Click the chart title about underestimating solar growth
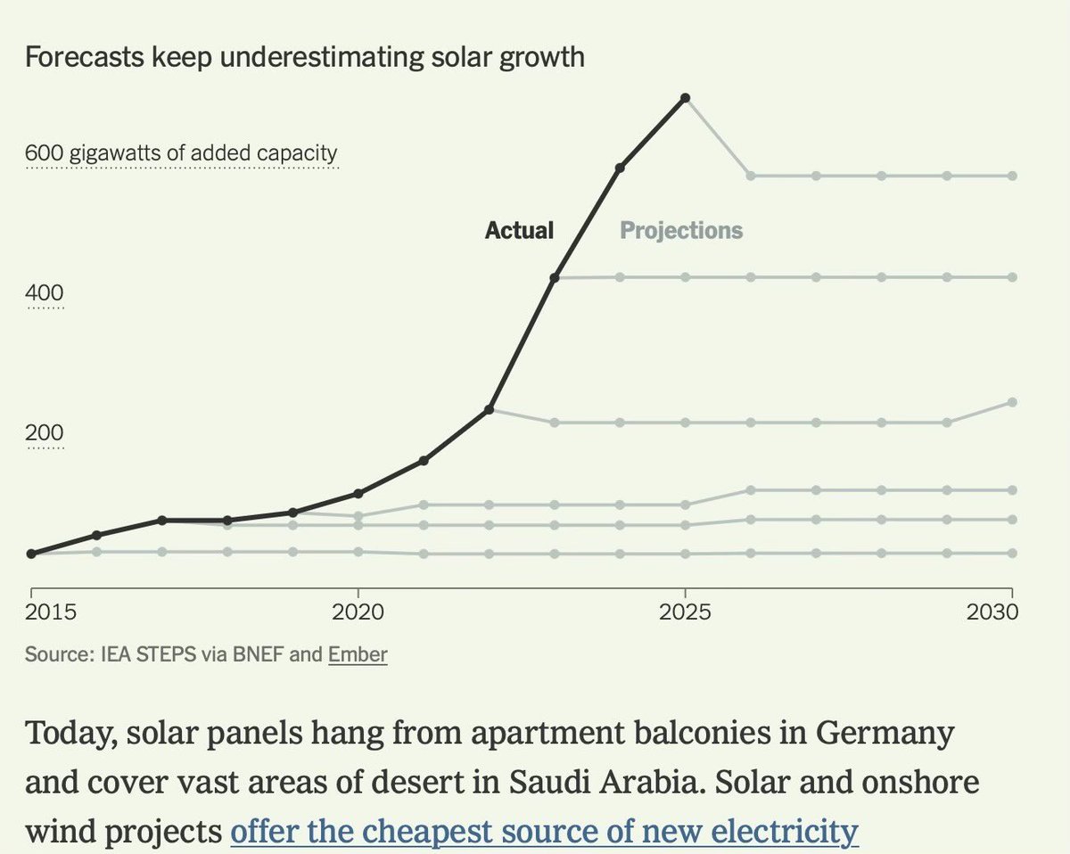click(304, 58)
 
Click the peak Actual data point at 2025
click(685, 97)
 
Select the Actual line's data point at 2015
click(31, 554)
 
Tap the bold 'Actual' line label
click(519, 231)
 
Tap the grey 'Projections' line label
click(681, 231)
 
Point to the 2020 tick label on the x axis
click(358, 613)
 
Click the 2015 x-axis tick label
click(50, 613)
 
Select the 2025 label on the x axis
click(685, 613)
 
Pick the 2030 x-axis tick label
click(993, 613)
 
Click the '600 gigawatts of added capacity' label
click(182, 153)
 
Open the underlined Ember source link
click(358, 655)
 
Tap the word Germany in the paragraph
click(877, 736)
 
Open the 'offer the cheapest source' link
click(544, 831)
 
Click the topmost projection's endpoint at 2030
click(1012, 177)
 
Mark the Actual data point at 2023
click(555, 278)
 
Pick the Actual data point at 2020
click(358, 493)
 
